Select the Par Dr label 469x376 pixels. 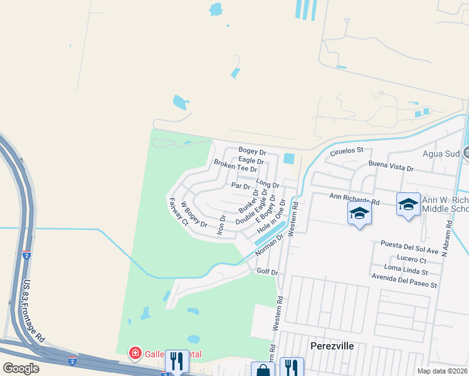(241, 186)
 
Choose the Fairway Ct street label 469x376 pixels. (178, 211)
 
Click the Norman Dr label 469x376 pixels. (270, 244)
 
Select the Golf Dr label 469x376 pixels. (267, 271)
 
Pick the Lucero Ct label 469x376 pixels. (411, 259)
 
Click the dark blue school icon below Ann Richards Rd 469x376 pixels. (359, 214)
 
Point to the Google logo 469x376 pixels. (21, 368)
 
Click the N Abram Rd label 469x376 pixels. (447, 238)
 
